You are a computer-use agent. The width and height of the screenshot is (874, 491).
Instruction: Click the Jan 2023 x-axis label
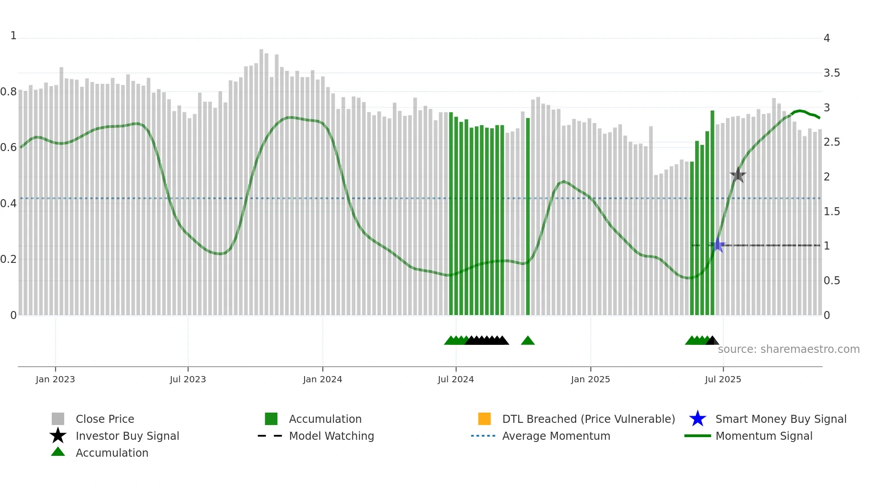click(55, 379)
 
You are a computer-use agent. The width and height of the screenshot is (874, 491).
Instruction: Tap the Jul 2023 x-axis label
click(188, 379)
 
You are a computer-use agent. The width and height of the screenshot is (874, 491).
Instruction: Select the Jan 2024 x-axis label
click(322, 379)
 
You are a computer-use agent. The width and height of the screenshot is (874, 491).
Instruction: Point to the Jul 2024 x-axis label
click(456, 379)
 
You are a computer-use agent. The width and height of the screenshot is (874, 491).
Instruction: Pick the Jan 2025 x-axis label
click(590, 379)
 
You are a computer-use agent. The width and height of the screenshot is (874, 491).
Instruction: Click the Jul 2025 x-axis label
click(723, 379)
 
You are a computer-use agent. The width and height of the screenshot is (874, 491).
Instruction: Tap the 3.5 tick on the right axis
click(832, 73)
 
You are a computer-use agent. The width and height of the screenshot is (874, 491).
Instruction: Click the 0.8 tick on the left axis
click(8, 92)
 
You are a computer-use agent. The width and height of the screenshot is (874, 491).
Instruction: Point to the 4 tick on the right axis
click(827, 38)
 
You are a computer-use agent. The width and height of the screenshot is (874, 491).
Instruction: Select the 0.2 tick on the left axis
click(8, 259)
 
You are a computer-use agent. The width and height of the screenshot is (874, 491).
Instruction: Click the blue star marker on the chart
click(717, 245)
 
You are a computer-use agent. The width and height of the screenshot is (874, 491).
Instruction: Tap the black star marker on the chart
click(738, 175)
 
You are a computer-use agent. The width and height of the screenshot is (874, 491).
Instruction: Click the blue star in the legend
click(697, 419)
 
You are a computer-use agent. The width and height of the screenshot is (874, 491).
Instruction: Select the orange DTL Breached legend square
click(484, 419)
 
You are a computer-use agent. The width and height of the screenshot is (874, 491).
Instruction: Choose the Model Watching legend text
click(331, 436)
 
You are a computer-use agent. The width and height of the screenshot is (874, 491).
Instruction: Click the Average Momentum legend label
click(556, 436)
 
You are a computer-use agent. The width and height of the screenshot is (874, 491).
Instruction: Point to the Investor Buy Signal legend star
click(58, 436)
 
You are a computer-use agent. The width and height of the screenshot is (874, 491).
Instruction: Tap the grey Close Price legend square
click(58, 419)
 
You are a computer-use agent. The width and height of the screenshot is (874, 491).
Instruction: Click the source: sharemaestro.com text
click(788, 349)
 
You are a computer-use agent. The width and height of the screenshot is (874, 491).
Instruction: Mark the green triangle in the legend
click(58, 452)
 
